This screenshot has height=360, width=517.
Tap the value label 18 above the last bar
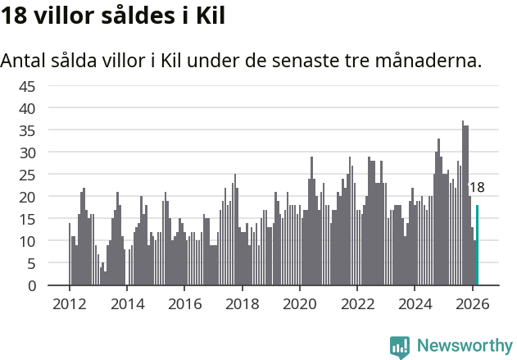(476, 188)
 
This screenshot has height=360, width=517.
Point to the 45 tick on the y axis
(27, 86)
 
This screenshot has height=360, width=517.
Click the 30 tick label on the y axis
(27, 153)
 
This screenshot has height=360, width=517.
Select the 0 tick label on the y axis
(31, 286)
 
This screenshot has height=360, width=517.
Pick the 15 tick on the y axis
(27, 219)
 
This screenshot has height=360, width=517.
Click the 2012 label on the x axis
(69, 303)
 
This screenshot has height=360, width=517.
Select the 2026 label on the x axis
(473, 303)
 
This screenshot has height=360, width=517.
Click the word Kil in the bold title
(206, 16)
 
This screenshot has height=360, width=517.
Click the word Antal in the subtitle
(24, 61)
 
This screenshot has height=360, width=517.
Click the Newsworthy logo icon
(400, 346)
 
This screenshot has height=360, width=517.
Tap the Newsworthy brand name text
(464, 346)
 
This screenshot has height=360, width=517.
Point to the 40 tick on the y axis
(27, 108)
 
